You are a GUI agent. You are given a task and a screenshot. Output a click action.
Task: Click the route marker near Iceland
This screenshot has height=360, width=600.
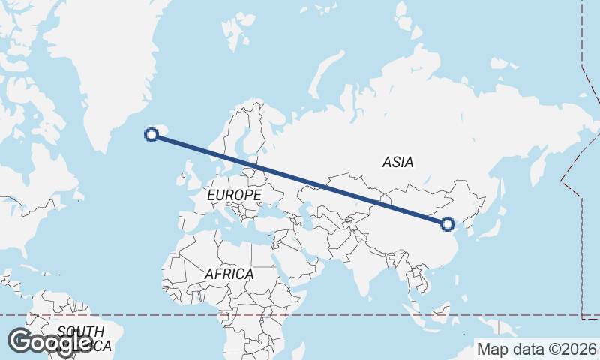[151, 135]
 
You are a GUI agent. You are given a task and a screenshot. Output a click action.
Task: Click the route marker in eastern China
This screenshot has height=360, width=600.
[448, 223]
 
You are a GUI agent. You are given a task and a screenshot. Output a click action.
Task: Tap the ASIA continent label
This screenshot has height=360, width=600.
[397, 161]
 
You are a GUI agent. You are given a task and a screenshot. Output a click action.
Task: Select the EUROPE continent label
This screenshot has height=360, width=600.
[234, 195]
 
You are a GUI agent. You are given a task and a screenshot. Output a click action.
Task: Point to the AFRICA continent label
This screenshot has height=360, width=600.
[229, 274]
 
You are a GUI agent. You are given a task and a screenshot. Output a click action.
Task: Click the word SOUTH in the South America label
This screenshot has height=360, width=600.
[80, 331]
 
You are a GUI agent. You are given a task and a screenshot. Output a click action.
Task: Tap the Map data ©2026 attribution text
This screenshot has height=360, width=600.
[537, 349]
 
